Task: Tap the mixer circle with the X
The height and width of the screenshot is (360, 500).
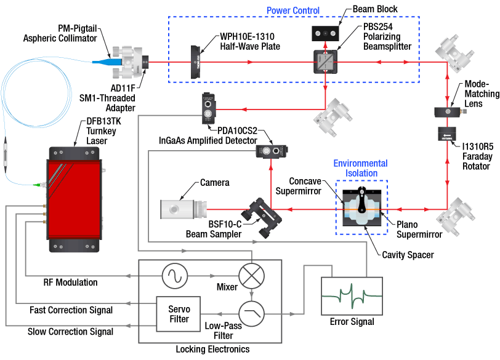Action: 251,275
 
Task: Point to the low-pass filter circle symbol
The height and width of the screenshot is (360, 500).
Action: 251,313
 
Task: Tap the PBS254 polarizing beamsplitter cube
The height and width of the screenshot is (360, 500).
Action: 325,62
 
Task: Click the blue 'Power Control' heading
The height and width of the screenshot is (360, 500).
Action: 292,10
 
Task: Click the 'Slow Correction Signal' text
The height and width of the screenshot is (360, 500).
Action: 71,331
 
